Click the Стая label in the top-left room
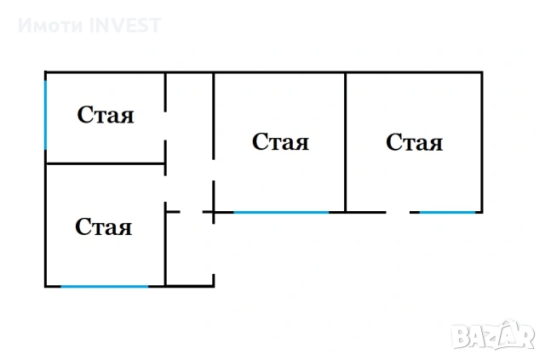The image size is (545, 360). pos(106,115)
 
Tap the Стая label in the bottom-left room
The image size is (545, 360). pos(103,226)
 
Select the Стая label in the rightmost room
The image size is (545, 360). pos(415,142)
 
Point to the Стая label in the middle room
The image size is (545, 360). pos(280,141)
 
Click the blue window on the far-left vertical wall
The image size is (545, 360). pos(45,115)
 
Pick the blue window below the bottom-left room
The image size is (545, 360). pos(105,287)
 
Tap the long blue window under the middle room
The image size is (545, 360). pos(281,212)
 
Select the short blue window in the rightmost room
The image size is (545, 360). pos(447,212)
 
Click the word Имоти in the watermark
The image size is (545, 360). pos(51,26)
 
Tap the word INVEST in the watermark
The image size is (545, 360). pos(125,26)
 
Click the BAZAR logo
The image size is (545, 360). pos(493,335)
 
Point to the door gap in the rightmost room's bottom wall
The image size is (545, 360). pos(398,212)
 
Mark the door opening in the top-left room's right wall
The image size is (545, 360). pos(165,126)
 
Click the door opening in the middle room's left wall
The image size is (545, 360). pos(214,170)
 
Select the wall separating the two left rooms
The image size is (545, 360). pos(106,163)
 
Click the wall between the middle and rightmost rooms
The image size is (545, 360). pos(346,142)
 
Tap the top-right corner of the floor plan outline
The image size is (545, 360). pos(482,72)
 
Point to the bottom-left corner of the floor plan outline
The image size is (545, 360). pos(45,287)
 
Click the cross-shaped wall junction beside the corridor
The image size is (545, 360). pos(214,212)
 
